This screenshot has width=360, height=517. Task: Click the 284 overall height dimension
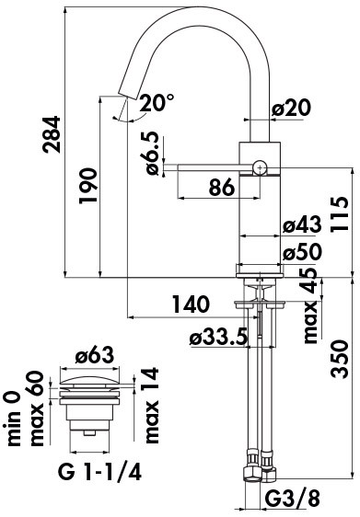[x=52, y=134]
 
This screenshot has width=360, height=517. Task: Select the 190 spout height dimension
[x=88, y=186]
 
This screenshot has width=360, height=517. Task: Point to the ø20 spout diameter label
[x=292, y=108]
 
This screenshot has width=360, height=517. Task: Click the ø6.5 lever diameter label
[x=152, y=154]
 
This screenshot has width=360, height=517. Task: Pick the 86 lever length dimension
[x=222, y=188]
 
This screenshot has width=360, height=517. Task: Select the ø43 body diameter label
[x=302, y=224]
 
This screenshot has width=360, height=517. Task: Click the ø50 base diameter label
[x=302, y=252]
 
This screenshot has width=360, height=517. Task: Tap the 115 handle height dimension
[x=339, y=214]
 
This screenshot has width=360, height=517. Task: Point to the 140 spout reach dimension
[x=191, y=304]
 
